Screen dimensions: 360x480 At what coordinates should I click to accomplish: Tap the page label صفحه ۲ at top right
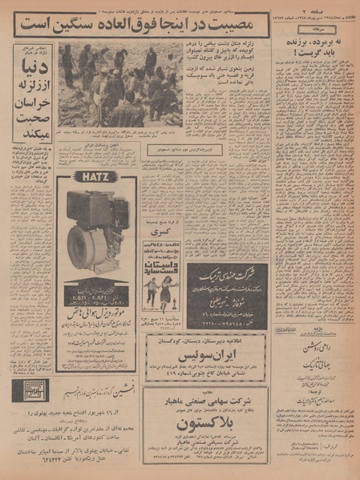point(330,7)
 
